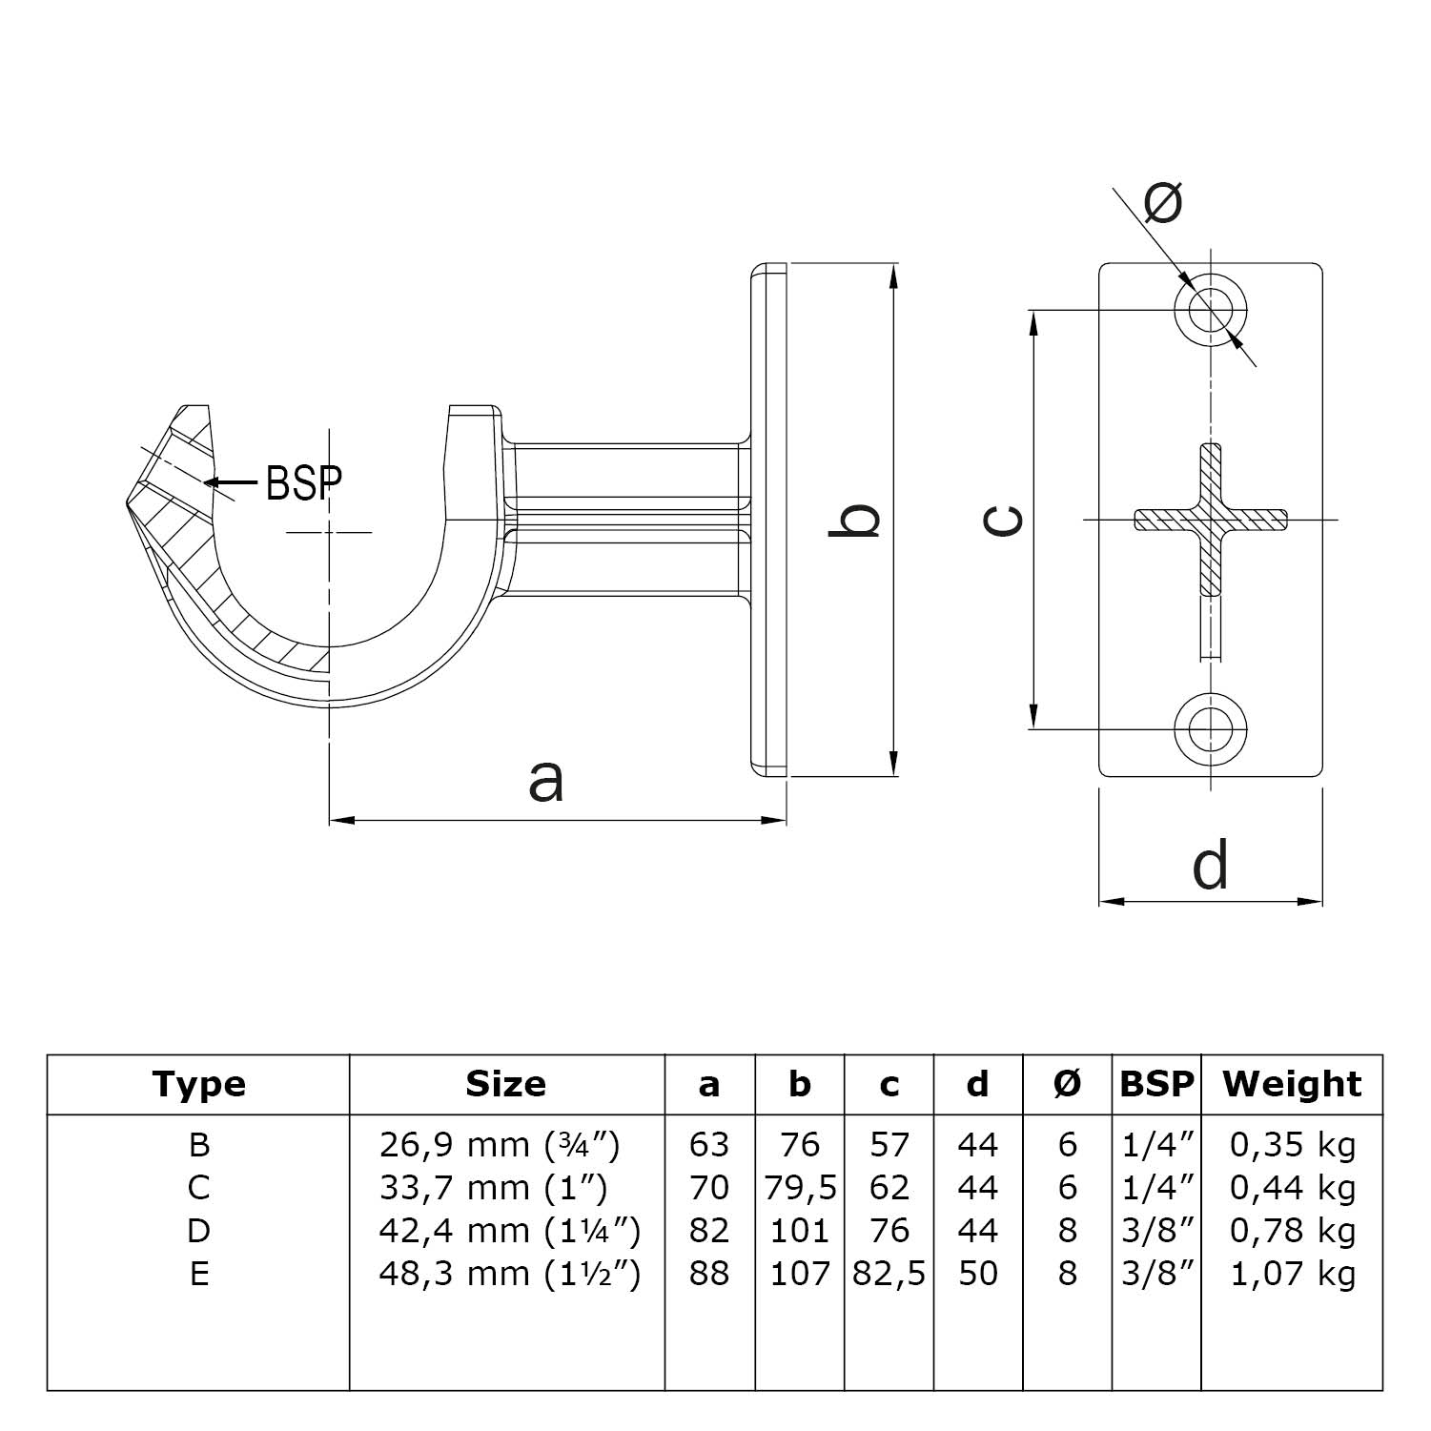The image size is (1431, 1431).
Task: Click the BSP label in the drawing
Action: click(303, 483)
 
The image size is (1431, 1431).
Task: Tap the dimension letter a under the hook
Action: click(546, 779)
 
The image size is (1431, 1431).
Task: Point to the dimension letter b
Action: click(854, 520)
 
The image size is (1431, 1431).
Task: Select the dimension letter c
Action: click(1003, 520)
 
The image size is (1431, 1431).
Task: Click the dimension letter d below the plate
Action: click(1210, 865)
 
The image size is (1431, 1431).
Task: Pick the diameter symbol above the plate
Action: click(1163, 201)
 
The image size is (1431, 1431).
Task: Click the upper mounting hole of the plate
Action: click(1211, 310)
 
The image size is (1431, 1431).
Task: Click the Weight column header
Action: click(1292, 1084)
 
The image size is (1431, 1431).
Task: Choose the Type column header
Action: click(198, 1084)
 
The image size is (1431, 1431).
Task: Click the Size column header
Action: click(505, 1084)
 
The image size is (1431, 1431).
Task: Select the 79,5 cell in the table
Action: click(800, 1188)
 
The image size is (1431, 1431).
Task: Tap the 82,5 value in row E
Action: click(889, 1274)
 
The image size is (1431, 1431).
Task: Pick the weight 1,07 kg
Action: click(1292, 1274)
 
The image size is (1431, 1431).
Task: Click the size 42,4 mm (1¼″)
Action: click(509, 1231)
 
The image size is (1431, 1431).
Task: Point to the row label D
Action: click(198, 1231)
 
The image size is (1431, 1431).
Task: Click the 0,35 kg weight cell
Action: click(1292, 1145)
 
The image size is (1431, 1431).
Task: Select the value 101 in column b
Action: click(800, 1231)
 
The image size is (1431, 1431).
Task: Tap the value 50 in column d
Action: click(978, 1274)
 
